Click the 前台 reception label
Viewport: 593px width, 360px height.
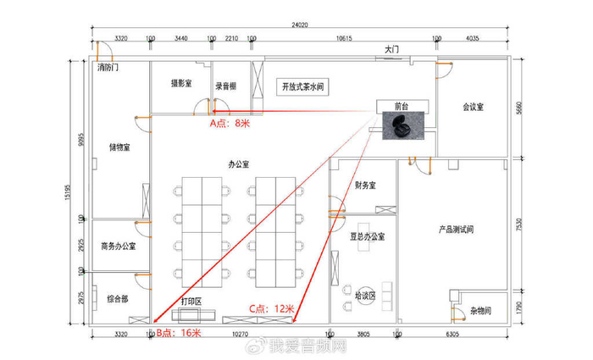[402, 108]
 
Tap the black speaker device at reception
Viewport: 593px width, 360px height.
[397, 127]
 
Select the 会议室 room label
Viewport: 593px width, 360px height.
[473, 108]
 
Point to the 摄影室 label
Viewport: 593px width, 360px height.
[181, 84]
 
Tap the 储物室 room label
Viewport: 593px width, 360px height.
[119, 147]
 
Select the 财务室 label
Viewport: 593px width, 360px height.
[363, 186]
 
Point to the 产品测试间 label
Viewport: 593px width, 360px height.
[455, 229]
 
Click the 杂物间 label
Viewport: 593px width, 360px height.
[481, 309]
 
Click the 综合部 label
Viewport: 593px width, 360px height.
[118, 298]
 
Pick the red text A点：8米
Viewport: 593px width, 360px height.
[230, 123]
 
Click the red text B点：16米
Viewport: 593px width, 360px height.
[179, 333]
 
